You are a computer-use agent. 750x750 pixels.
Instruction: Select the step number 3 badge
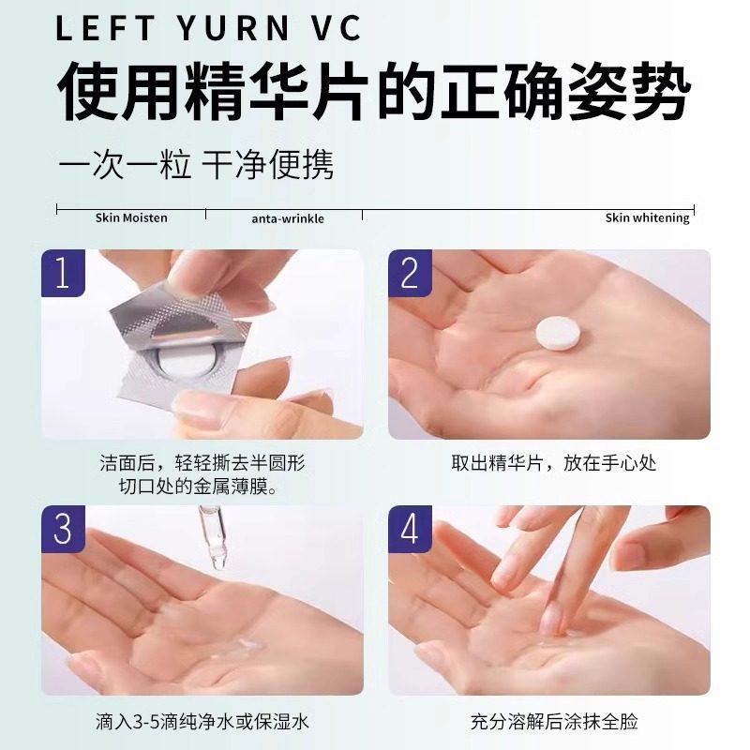point(62,529)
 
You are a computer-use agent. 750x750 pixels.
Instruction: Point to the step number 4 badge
point(410,529)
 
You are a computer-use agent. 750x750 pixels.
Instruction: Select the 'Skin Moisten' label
point(131,217)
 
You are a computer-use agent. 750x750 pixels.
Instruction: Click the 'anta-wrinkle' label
point(288,218)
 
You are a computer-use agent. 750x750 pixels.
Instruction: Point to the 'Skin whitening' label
point(647,217)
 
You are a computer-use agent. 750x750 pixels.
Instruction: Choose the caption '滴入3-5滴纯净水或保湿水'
point(202,722)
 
